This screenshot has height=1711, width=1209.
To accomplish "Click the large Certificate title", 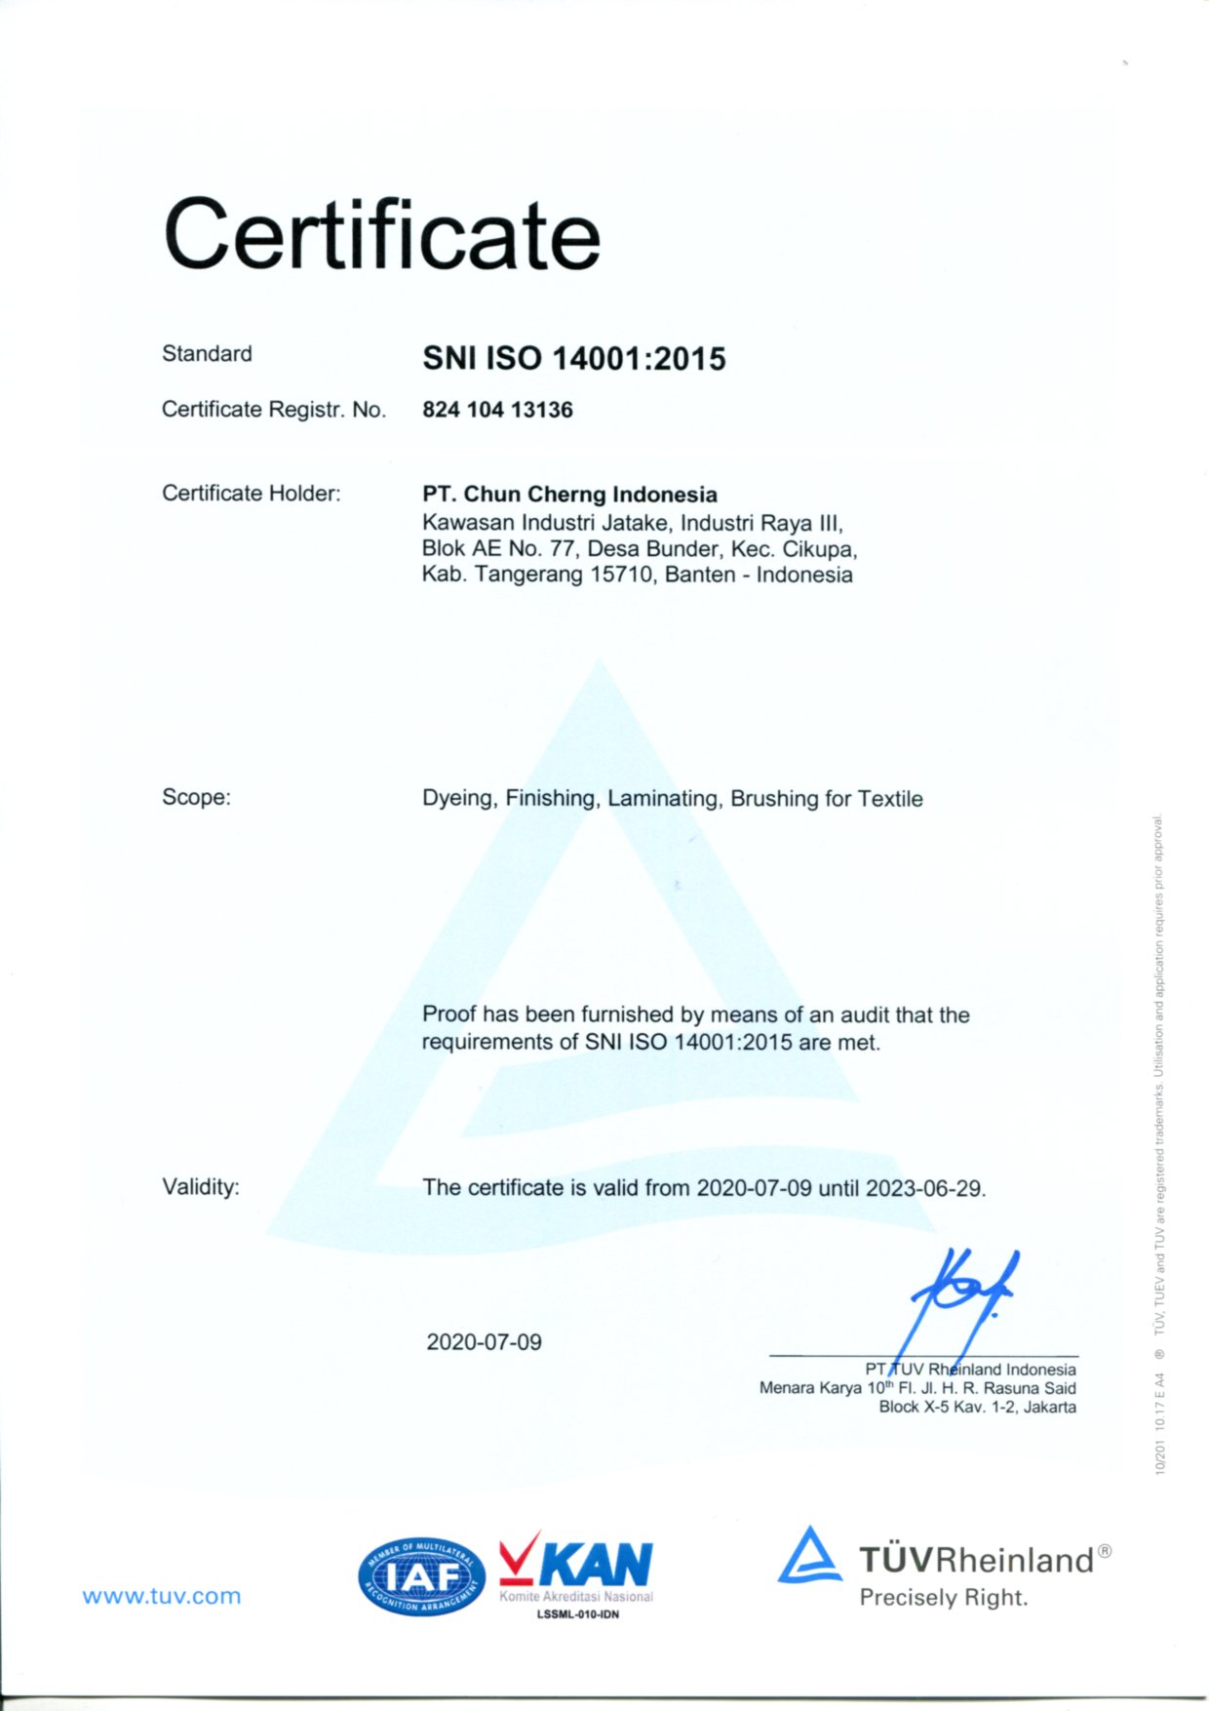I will tap(381, 234).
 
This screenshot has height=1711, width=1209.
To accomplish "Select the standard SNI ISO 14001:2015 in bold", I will tap(573, 359).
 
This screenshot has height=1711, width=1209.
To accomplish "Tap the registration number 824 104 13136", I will tap(497, 410).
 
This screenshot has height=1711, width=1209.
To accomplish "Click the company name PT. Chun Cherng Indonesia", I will tap(569, 495).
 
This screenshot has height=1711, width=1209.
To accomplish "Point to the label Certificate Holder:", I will tap(251, 494).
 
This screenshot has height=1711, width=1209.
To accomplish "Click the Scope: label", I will tap(196, 797).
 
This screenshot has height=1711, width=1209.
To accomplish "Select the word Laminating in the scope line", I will tap(662, 799).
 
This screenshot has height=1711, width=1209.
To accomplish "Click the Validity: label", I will tap(200, 1187).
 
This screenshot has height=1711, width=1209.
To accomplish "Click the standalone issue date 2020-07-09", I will tap(484, 1342).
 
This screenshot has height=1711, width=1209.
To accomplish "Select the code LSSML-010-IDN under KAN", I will tap(578, 1614).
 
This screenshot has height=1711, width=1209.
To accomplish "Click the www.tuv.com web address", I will tap(161, 1597).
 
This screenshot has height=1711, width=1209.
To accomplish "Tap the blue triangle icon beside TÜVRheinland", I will tap(809, 1556).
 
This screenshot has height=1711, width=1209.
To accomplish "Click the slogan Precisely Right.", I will tap(943, 1598).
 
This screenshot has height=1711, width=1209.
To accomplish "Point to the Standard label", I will tap(207, 353).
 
